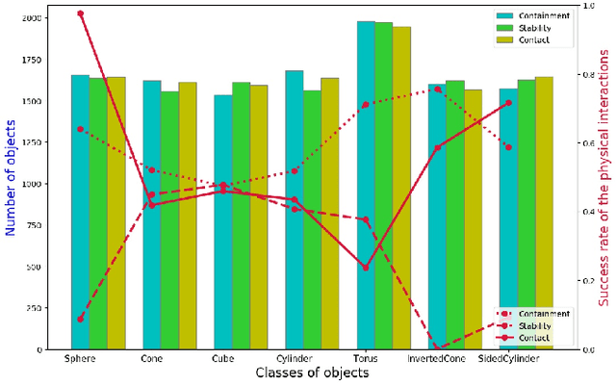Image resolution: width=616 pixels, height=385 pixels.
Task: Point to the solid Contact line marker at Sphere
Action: [80, 13]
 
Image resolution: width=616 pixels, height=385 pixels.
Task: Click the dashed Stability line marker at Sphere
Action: [80, 319]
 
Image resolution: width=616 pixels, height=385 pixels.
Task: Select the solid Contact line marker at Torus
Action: [366, 268]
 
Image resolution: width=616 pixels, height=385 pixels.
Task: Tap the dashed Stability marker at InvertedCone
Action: [437, 348]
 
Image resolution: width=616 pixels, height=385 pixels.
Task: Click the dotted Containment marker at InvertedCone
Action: [437, 89]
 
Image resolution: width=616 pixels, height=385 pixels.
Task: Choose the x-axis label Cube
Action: [222, 359]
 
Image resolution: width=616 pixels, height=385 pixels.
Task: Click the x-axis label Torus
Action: [366, 359]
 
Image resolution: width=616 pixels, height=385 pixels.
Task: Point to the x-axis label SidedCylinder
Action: [508, 359]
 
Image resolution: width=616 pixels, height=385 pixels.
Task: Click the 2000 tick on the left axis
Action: [31, 18]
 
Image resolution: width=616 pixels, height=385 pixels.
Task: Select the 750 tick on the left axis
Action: [34, 225]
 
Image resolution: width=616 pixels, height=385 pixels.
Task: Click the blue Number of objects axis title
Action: [11, 183]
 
